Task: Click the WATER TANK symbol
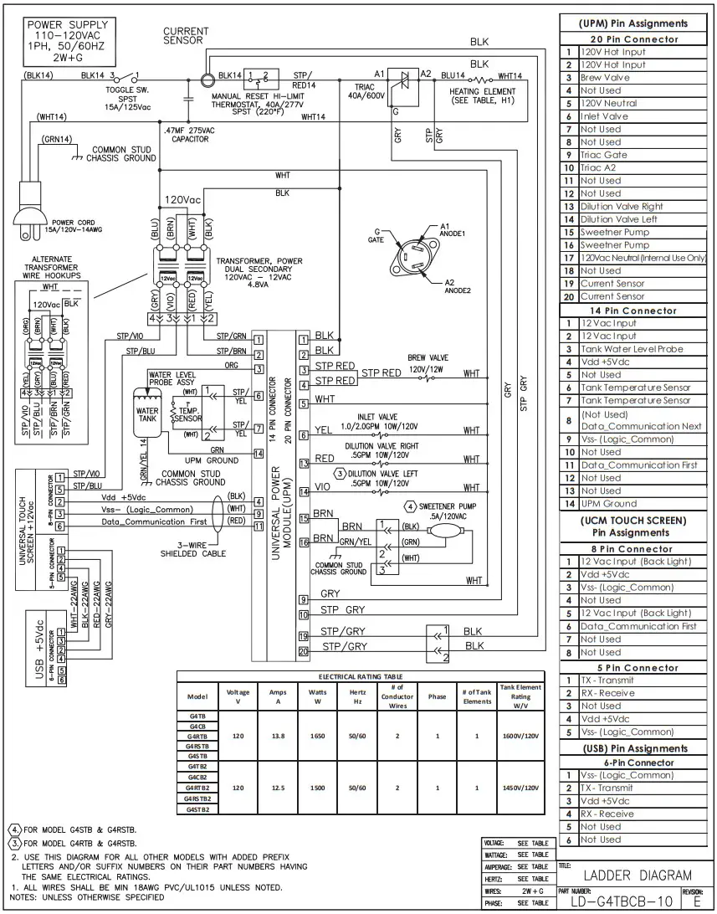pos(147,416)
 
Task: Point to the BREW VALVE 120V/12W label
pos(428,362)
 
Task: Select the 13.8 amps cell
pos(278,734)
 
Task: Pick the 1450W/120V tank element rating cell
pos(520,788)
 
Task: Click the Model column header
pos(197,696)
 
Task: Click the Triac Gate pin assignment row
pos(603,155)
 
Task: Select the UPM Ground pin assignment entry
pos(608,504)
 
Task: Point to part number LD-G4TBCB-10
pos(619,904)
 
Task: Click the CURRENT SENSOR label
pos(186,35)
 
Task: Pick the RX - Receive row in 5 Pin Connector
pos(607,693)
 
